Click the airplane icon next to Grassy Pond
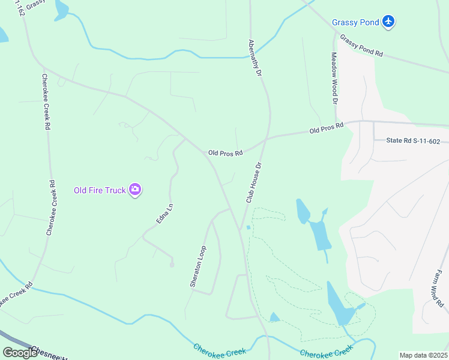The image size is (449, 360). (389, 22)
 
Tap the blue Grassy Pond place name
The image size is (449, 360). (356, 23)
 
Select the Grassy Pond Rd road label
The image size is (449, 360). (361, 45)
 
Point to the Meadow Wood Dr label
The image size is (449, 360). (334, 76)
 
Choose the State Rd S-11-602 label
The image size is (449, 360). (413, 141)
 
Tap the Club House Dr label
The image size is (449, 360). (253, 182)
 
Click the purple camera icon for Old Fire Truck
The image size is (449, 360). (136, 190)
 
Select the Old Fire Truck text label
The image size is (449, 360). (100, 191)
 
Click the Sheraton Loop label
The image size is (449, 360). (198, 266)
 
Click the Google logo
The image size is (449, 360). (20, 352)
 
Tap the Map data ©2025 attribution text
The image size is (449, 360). (423, 355)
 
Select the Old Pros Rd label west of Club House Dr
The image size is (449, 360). (225, 153)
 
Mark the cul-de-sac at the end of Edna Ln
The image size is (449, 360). (172, 264)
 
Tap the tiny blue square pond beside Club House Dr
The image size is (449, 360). (248, 227)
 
